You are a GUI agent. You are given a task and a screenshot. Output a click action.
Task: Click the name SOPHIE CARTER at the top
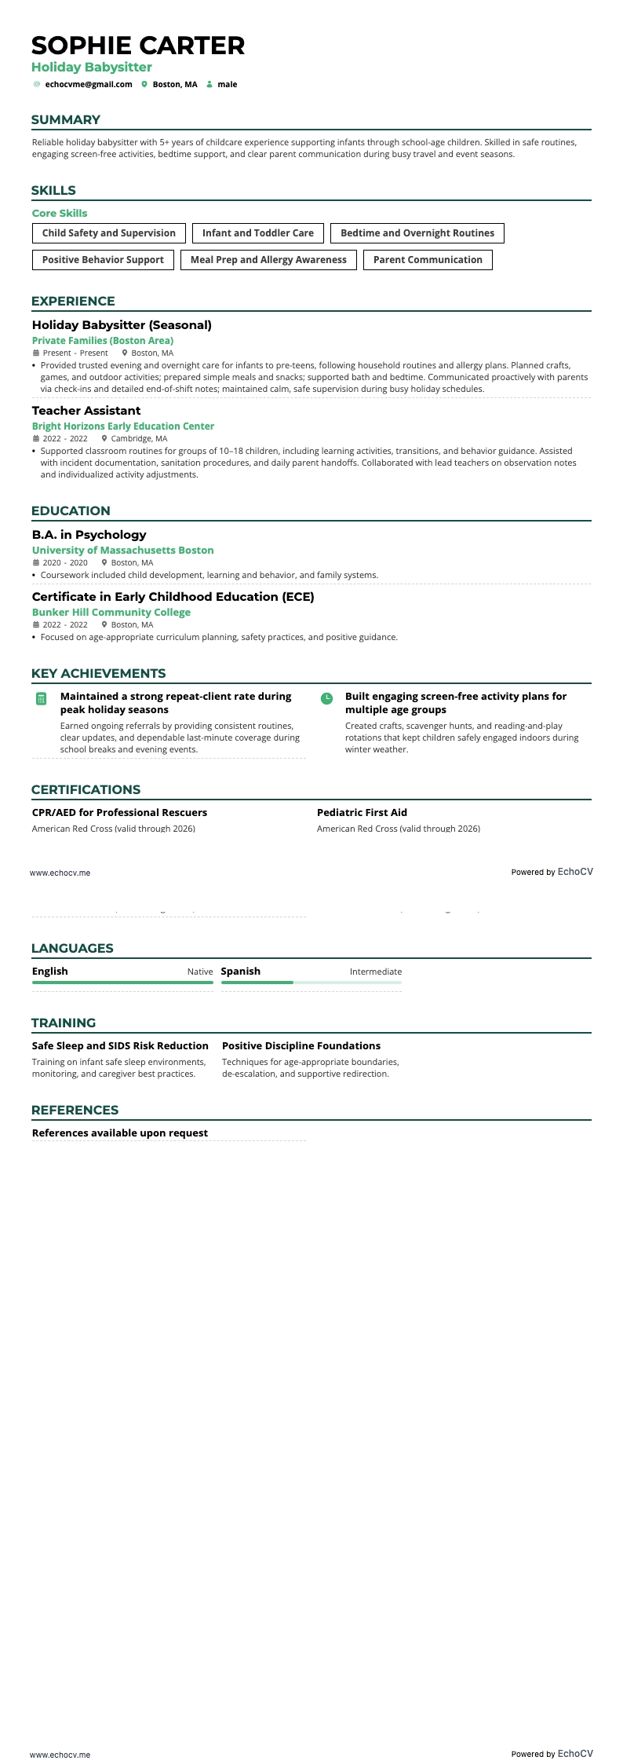coord(138,46)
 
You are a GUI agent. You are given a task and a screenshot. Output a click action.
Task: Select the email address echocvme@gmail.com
coord(89,84)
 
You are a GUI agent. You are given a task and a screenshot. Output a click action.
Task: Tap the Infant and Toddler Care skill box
coord(257,233)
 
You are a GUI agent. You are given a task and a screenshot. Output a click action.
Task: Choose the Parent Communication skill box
coord(428,260)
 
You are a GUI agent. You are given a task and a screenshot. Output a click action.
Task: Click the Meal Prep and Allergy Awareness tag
coord(268,260)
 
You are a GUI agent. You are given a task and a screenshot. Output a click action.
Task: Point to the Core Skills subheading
coord(60,213)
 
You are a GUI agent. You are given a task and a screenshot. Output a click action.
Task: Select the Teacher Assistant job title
coord(86,411)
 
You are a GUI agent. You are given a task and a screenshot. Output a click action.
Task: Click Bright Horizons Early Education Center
coord(123,426)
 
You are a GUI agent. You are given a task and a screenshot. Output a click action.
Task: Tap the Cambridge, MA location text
coord(139,439)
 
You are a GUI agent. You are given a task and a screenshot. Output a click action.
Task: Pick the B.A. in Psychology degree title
coord(89,535)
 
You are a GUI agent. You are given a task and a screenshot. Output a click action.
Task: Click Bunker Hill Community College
coord(111,613)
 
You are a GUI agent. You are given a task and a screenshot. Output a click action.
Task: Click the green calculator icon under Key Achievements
coord(42,698)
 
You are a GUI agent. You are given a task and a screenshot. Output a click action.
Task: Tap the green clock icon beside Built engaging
coord(326,698)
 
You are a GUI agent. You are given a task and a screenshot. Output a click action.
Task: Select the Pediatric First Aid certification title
coord(362,813)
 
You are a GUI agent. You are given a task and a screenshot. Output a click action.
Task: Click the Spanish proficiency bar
coord(311,983)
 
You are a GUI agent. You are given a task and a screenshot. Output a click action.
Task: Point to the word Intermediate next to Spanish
coord(375,972)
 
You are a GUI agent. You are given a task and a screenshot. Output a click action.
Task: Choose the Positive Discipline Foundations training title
coord(301,1046)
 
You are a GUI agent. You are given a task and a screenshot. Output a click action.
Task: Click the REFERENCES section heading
coord(75,1110)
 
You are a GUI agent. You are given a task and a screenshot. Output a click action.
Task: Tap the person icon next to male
coord(209,84)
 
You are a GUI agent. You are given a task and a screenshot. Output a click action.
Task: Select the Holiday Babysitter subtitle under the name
coord(92,68)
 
